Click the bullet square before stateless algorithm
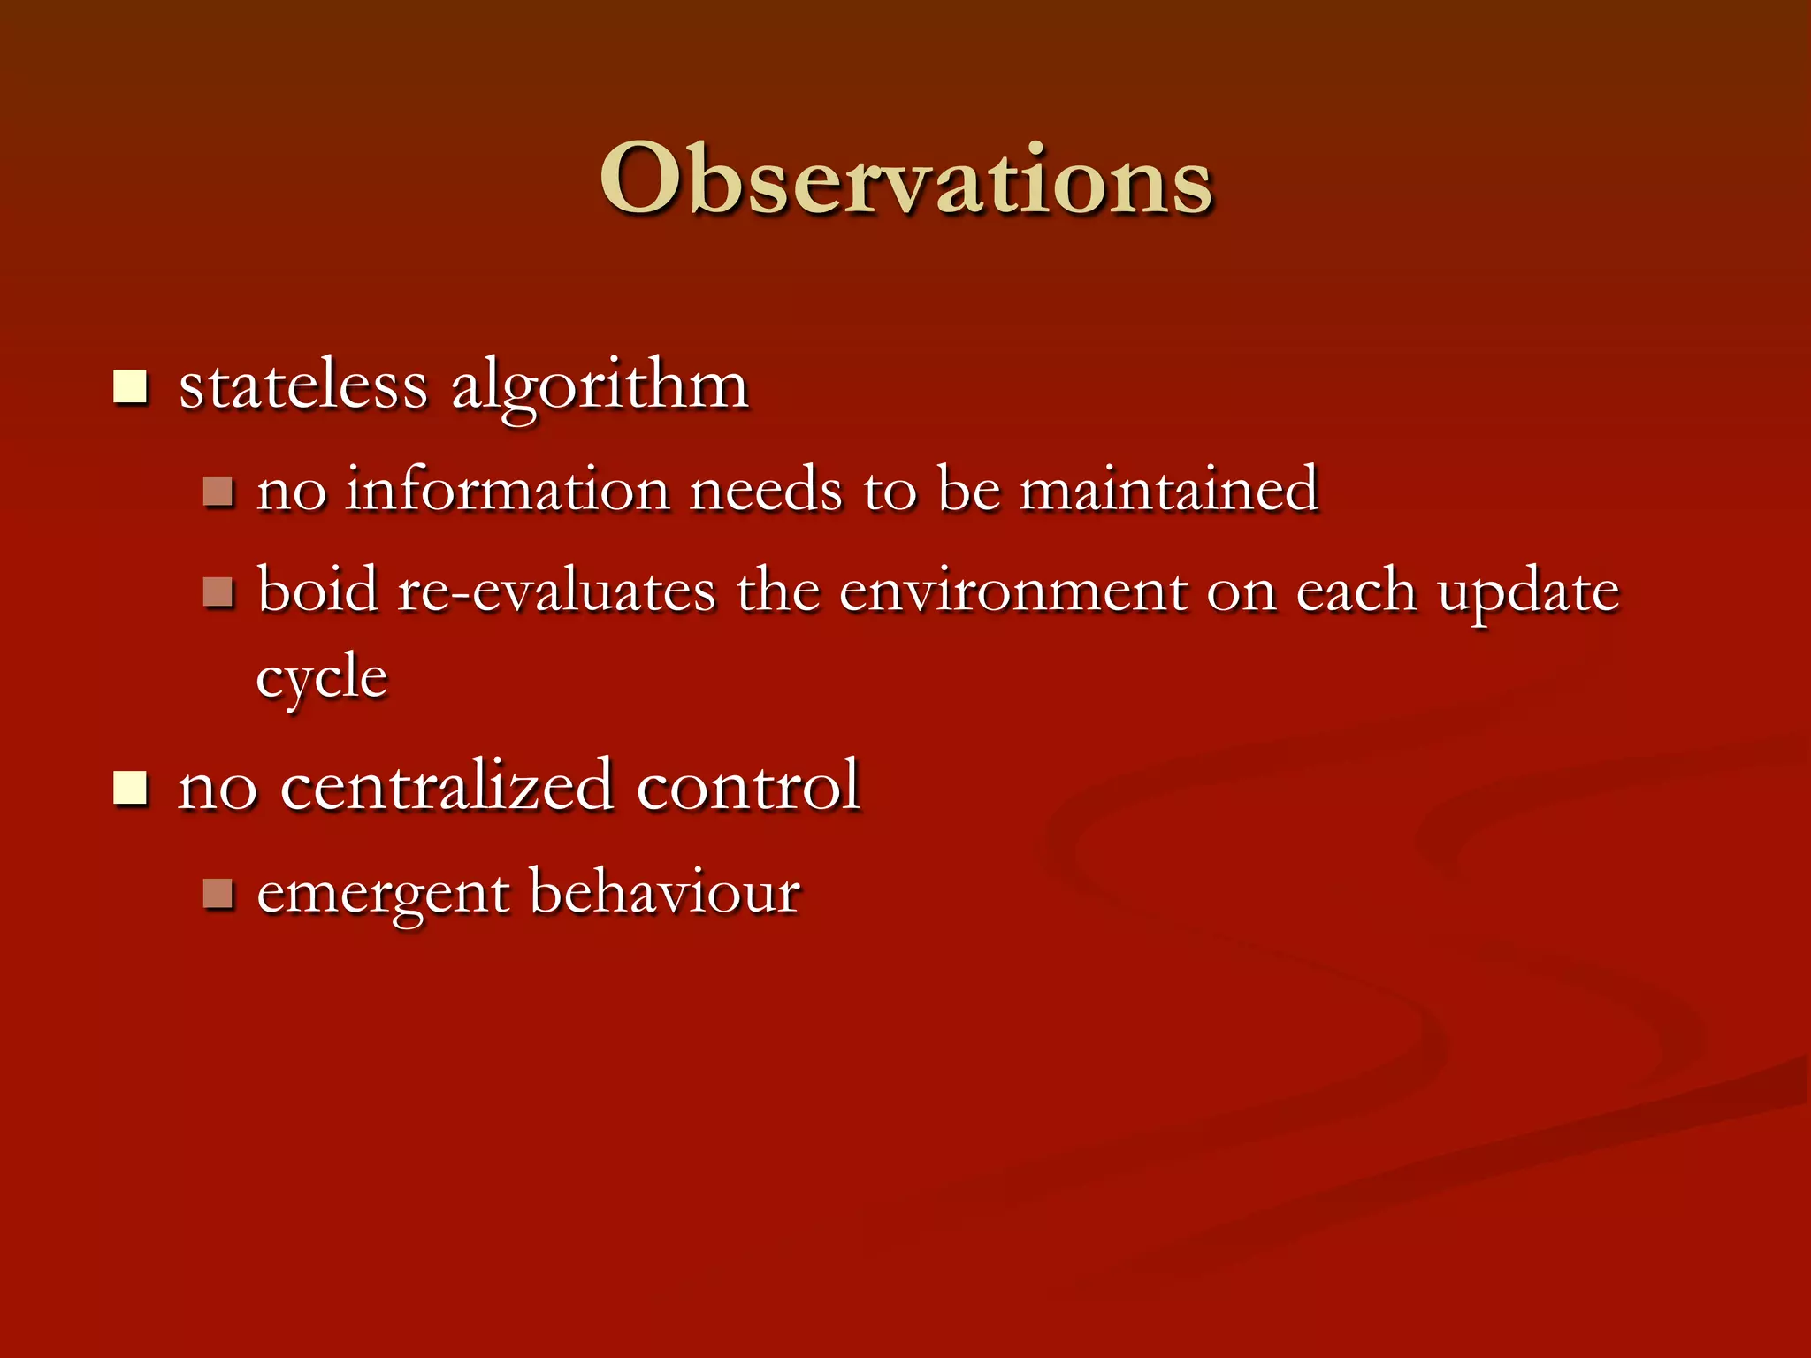pos(130,387)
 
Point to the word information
pos(507,489)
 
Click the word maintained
pos(1169,489)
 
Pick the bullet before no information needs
pos(218,492)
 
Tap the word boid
pos(317,590)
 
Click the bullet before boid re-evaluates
pos(218,591)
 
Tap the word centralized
pos(447,785)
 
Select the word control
pos(748,785)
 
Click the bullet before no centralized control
pos(130,787)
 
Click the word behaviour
pos(665,891)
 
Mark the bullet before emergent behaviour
pos(218,894)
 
